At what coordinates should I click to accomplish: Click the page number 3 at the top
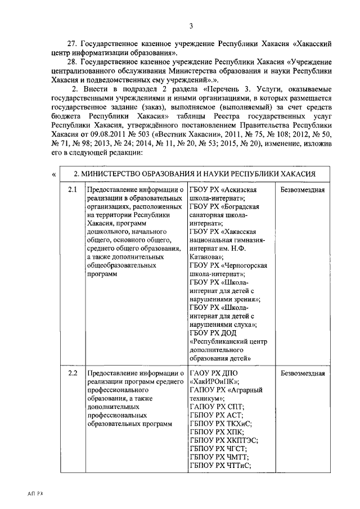(191, 26)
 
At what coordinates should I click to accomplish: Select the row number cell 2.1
(72, 190)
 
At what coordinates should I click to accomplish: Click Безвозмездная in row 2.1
(303, 190)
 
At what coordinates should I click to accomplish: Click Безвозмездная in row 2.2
(303, 373)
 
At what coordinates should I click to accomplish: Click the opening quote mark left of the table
(53, 174)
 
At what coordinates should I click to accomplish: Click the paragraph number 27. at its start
(73, 43)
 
